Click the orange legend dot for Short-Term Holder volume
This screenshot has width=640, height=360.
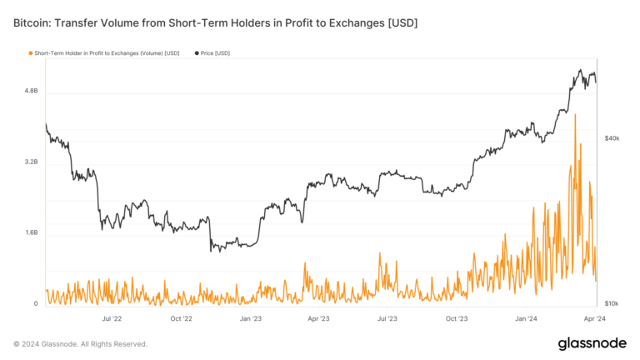[31, 53]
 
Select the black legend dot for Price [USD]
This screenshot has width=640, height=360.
[197, 53]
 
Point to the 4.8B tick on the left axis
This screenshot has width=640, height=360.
[30, 90]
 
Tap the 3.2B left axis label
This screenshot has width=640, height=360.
[30, 162]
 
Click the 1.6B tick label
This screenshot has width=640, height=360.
[30, 232]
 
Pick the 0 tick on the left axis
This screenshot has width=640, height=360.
[36, 304]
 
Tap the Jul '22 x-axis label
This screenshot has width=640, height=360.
[112, 318]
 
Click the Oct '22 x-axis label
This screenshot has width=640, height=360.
[181, 318]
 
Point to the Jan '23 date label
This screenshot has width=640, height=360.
[251, 318]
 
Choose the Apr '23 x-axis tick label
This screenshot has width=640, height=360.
[319, 318]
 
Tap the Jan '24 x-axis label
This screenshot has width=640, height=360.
[527, 318]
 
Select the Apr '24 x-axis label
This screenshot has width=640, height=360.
[595, 318]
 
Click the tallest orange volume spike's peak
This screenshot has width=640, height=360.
[576, 115]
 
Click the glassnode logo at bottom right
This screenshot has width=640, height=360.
[592, 343]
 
